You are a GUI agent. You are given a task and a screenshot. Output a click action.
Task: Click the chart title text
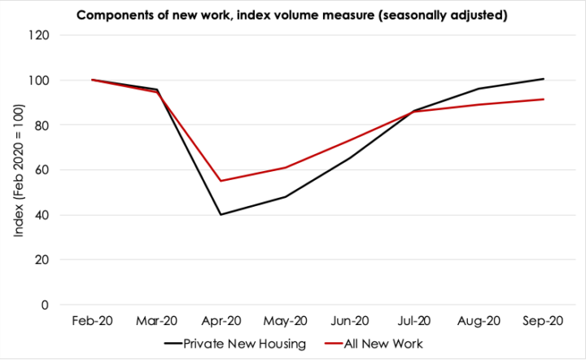[292, 15]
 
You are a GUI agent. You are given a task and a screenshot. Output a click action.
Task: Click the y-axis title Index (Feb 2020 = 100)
[18, 170]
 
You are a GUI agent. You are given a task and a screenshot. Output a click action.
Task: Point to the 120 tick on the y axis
[38, 36]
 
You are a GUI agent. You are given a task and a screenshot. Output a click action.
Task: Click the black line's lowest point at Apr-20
[221, 215]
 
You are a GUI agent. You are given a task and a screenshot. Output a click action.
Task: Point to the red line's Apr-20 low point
[221, 181]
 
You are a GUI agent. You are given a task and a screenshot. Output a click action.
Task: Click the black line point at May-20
[286, 197]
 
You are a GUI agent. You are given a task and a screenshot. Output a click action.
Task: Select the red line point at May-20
[286, 168]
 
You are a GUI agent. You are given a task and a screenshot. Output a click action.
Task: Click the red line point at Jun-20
[350, 141]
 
